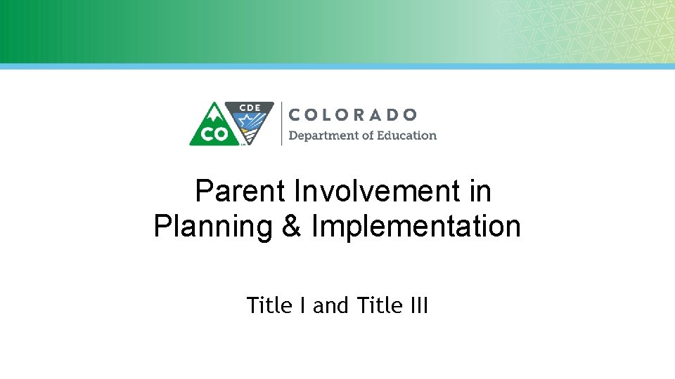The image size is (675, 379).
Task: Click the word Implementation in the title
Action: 416,227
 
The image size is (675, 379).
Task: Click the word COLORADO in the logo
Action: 353,114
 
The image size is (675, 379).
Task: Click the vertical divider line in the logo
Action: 281,124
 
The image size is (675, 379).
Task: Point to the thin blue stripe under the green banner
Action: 337,66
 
